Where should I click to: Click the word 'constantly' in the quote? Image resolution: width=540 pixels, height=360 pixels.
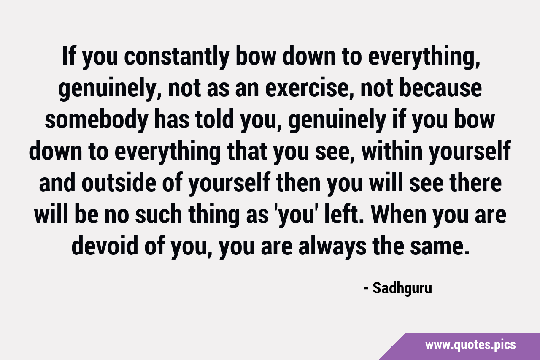(x=177, y=57)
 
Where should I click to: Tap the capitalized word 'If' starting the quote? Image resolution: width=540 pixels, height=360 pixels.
(x=69, y=56)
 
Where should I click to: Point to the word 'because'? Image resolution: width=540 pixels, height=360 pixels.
(x=441, y=88)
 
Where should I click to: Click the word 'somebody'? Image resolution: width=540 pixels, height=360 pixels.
(x=97, y=120)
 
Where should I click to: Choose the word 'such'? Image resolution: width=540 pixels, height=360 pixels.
(x=158, y=214)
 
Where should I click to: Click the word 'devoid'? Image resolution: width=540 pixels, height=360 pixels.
(x=105, y=246)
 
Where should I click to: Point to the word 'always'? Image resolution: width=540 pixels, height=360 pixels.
(x=332, y=247)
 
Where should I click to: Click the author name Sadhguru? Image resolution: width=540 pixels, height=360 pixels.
(x=402, y=289)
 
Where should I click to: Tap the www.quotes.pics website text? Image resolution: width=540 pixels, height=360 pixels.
(x=470, y=345)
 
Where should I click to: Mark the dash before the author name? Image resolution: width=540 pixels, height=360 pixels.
(x=366, y=289)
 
